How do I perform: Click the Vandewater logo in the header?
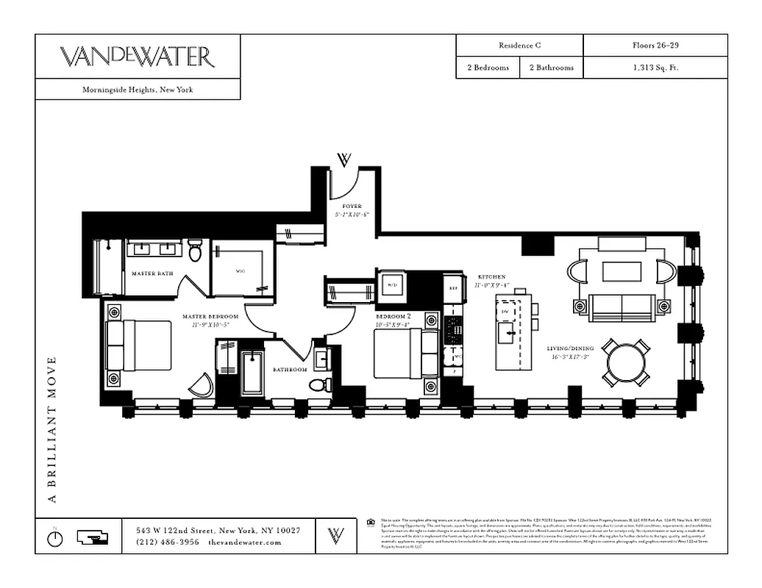(137, 57)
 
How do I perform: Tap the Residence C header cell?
(519, 46)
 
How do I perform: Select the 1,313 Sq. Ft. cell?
(655, 68)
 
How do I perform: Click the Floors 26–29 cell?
(655, 46)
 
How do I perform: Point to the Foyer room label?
(352, 207)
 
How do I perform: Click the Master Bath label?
(152, 273)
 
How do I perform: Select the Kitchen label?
(492, 277)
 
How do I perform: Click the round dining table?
(626, 362)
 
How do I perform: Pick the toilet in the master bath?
(195, 253)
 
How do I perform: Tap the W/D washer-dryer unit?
(391, 284)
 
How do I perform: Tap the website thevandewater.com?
(245, 542)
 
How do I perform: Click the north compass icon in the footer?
(55, 537)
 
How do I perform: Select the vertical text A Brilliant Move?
(52, 430)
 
